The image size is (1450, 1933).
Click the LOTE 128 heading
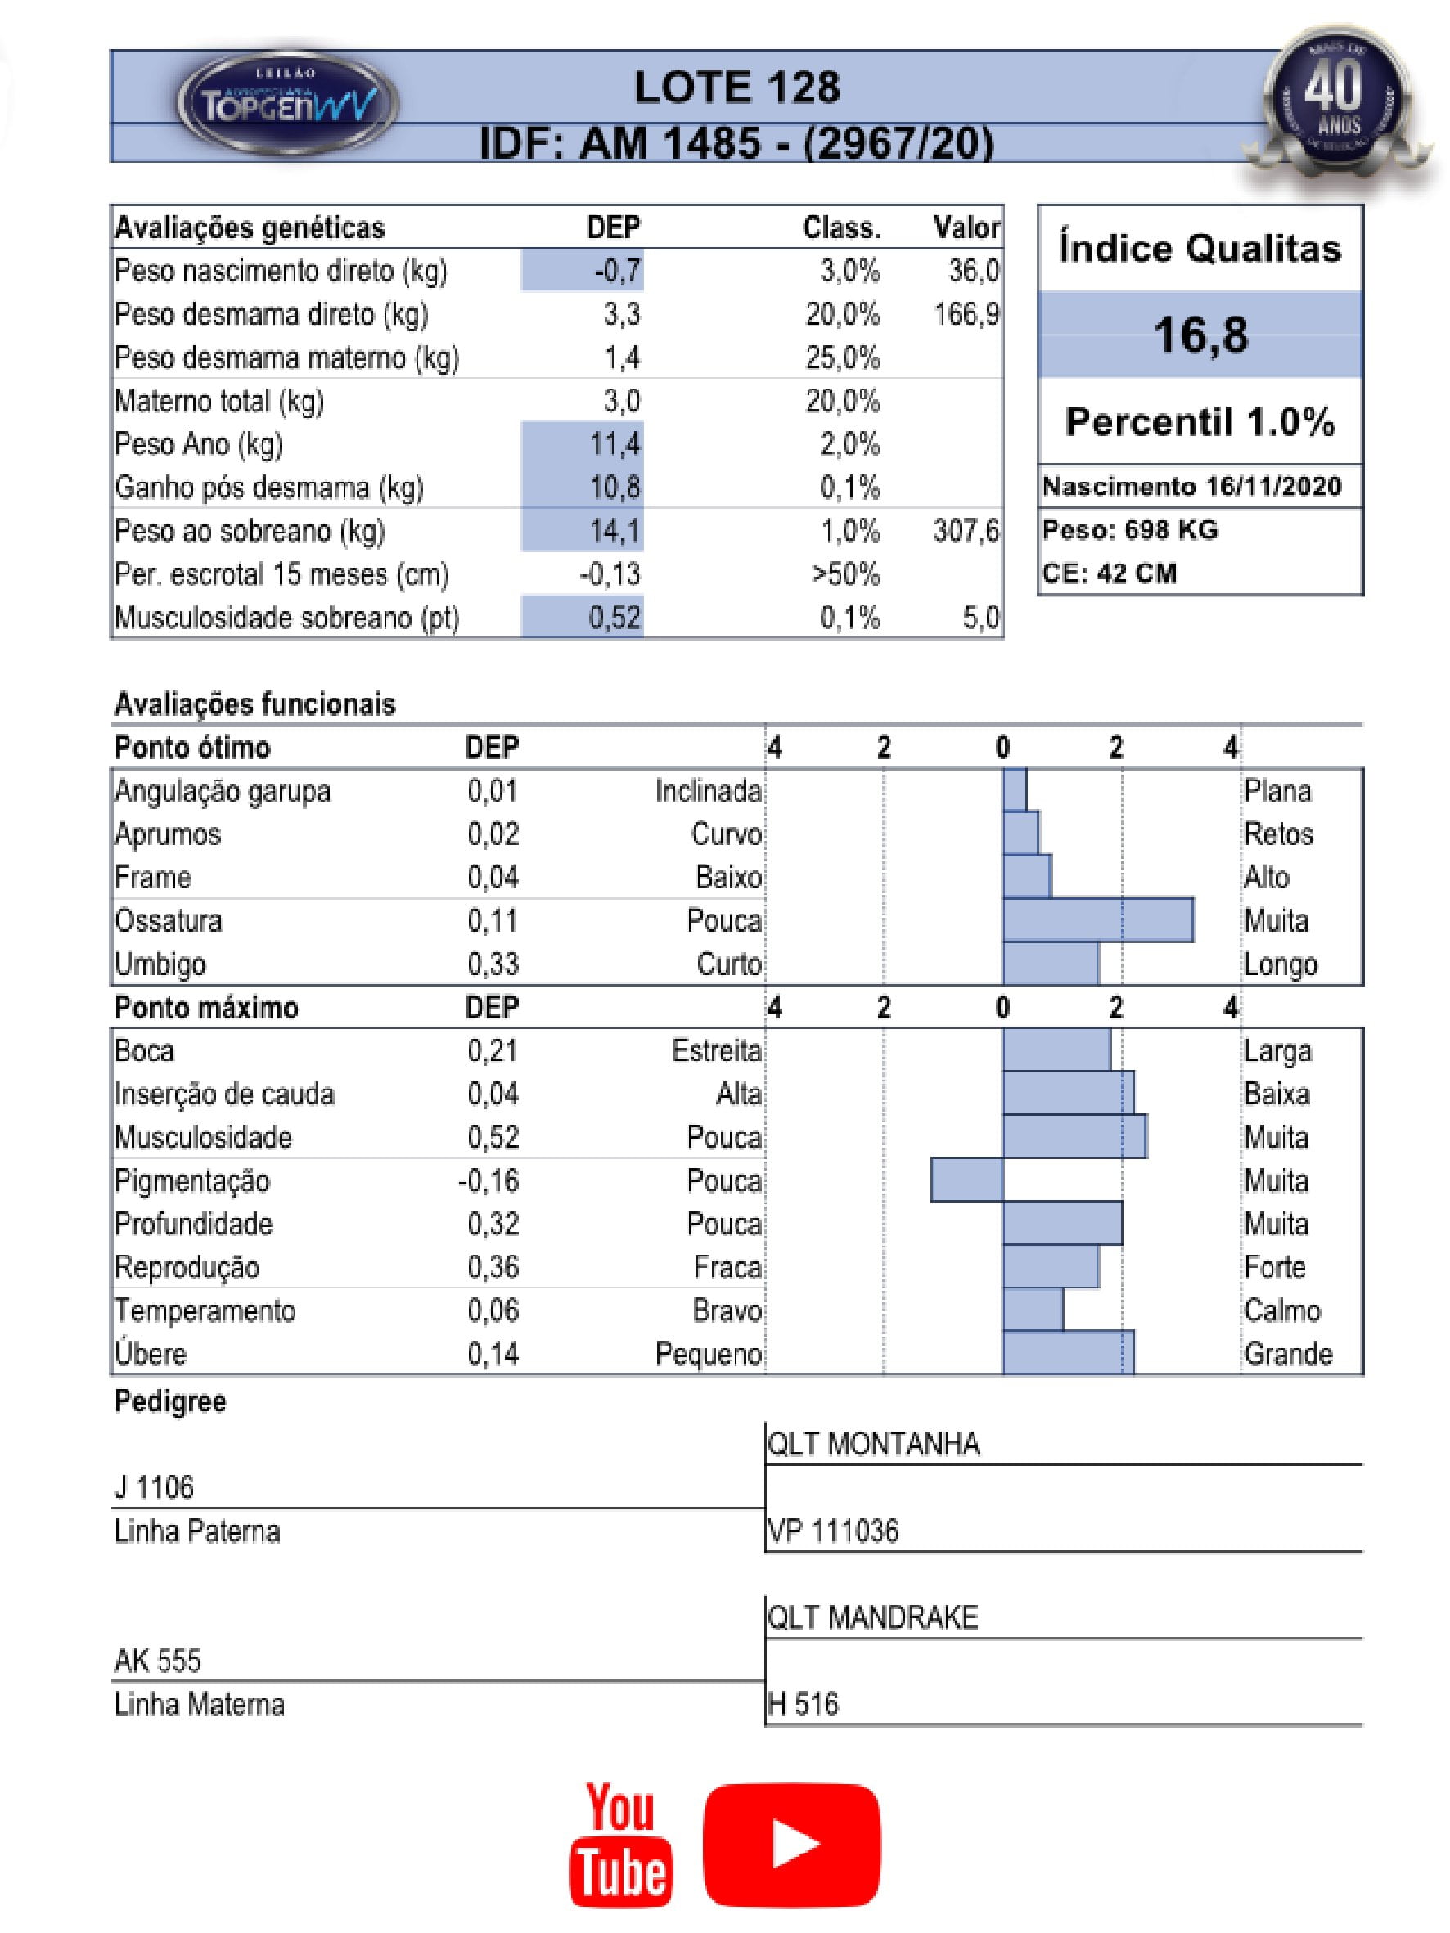(x=736, y=88)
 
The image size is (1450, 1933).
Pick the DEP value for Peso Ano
(x=615, y=444)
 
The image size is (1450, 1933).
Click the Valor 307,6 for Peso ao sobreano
(x=966, y=530)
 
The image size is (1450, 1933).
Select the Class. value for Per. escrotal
(x=845, y=574)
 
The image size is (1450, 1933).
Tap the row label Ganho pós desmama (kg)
(x=268, y=488)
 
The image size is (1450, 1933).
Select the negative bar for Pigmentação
(x=966, y=1180)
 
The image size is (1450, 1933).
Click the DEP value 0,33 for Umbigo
(x=493, y=964)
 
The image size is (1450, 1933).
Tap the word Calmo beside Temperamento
(x=1281, y=1310)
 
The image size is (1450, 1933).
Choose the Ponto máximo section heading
(x=206, y=1008)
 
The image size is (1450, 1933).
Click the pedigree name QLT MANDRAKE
(x=872, y=1616)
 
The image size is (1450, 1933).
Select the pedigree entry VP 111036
(x=833, y=1531)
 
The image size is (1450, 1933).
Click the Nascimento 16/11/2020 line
(x=1191, y=487)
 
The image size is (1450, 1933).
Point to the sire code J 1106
(x=154, y=1486)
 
